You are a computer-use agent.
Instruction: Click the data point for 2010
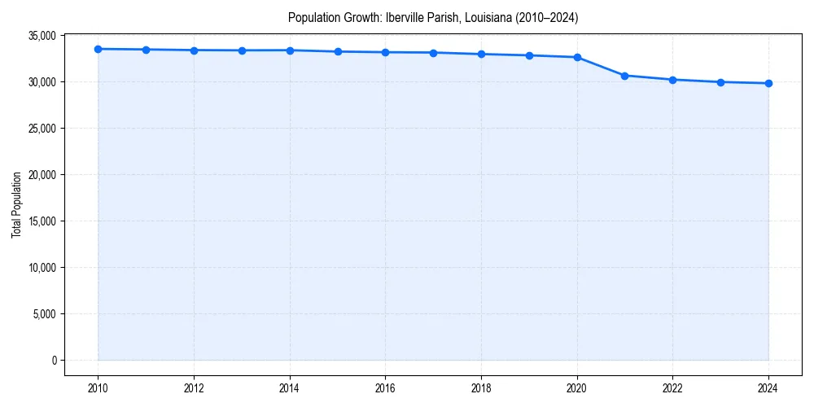[98, 49]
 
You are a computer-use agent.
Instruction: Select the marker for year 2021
[624, 76]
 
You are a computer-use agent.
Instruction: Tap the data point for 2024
[768, 83]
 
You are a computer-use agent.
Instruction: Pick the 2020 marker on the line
[577, 57]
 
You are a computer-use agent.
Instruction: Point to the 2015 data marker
[338, 51]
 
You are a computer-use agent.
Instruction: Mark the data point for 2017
[433, 53]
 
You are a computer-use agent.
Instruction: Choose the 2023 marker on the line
[720, 82]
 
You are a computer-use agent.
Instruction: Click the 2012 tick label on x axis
[194, 388]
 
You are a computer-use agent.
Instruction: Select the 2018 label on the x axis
[481, 388]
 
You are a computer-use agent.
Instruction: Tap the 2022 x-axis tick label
[672, 388]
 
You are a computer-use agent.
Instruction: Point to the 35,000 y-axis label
[40, 36]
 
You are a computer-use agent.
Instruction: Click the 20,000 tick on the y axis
[40, 175]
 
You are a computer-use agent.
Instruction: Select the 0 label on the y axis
[53, 361]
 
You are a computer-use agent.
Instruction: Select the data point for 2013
[242, 50]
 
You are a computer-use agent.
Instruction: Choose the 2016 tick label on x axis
[385, 388]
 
